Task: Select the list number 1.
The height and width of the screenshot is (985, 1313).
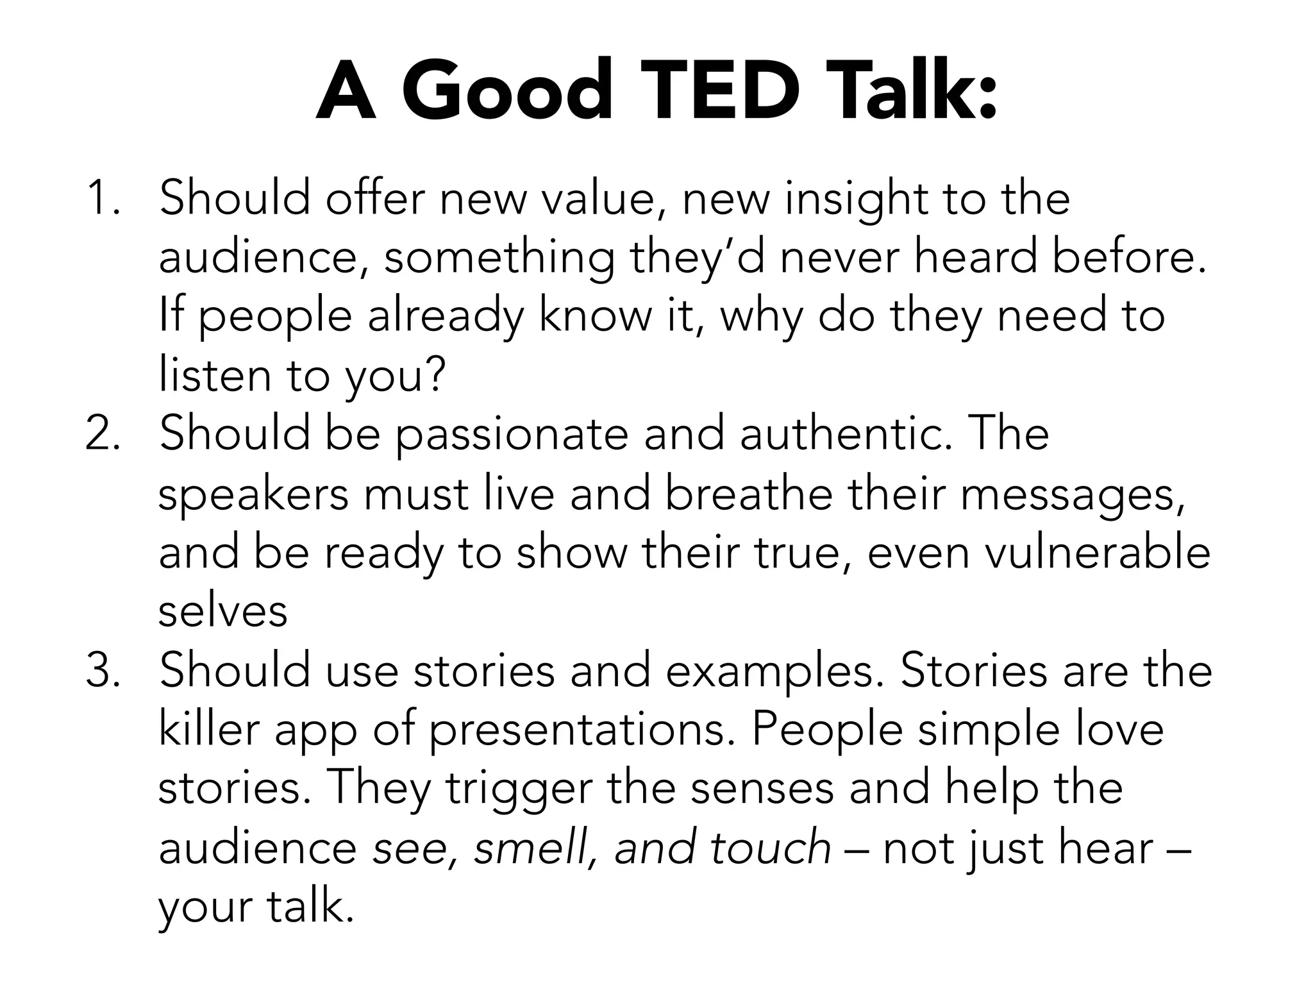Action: pyautogui.click(x=103, y=198)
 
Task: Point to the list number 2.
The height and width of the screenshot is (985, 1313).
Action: pyautogui.click(x=103, y=434)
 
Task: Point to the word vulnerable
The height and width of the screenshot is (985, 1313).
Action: pyautogui.click(x=1097, y=553)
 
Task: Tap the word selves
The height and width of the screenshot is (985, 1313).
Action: pyautogui.click(x=222, y=612)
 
